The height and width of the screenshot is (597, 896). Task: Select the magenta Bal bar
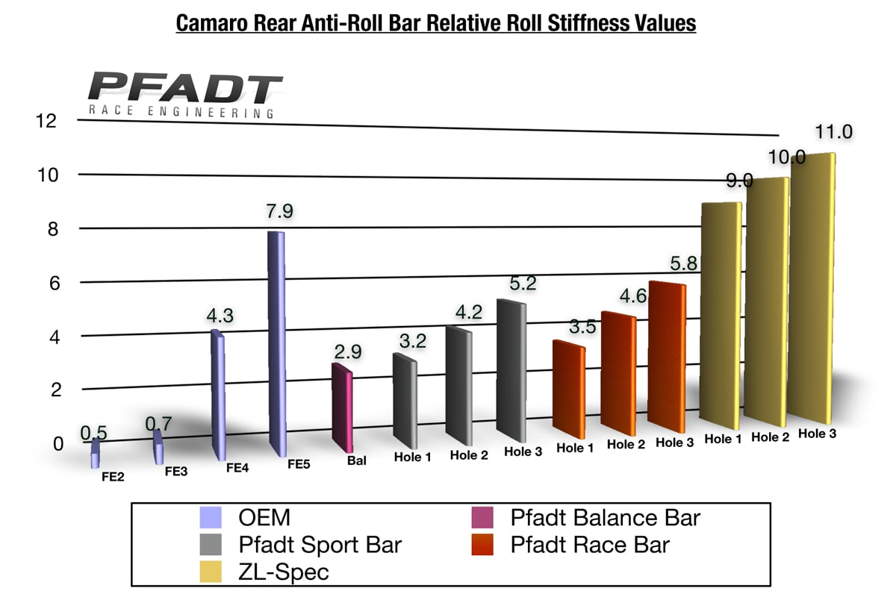pos(342,407)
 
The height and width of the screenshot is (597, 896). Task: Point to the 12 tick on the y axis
pos(46,120)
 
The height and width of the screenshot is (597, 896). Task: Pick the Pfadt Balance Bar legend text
pos(606,516)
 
